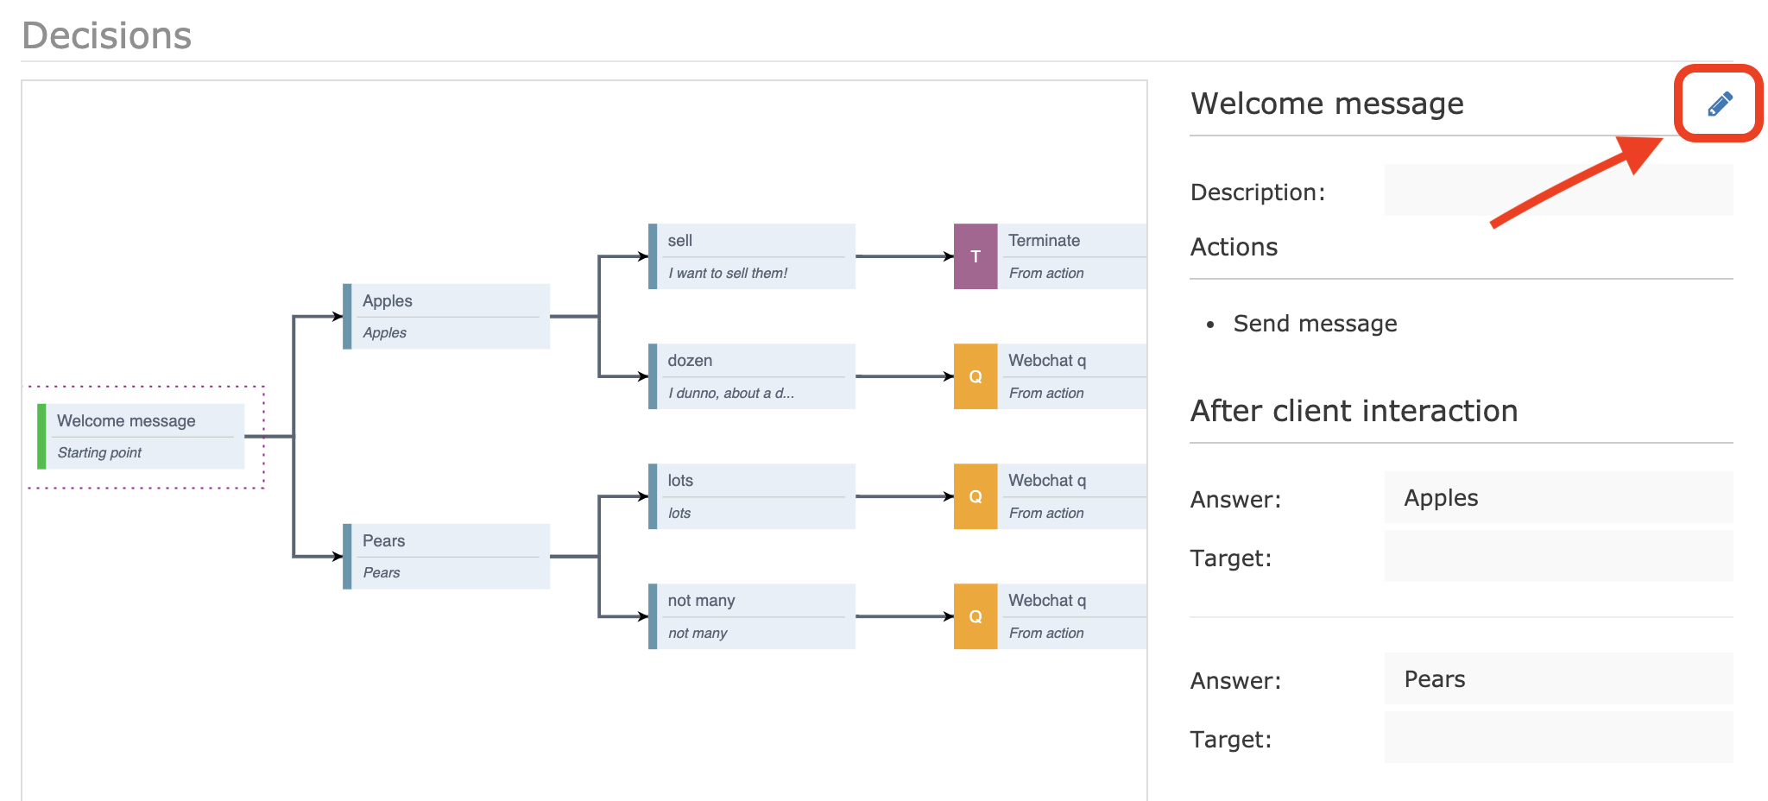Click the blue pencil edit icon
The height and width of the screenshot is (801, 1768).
(x=1720, y=104)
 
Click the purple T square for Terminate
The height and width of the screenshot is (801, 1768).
(x=976, y=256)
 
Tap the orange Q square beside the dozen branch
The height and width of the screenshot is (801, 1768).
(x=976, y=376)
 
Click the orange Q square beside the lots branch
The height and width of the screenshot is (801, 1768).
(x=976, y=496)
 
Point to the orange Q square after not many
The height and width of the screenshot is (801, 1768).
(x=976, y=616)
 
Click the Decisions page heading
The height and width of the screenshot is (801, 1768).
(x=107, y=35)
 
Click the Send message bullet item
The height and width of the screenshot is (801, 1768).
(x=1314, y=324)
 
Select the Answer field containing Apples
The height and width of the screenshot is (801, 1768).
(x=1557, y=497)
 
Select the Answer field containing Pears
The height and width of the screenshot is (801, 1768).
(x=1557, y=678)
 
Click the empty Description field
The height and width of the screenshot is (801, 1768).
(x=1557, y=190)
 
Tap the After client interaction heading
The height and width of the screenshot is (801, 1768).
(x=1354, y=411)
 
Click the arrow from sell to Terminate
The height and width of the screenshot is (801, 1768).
(x=903, y=256)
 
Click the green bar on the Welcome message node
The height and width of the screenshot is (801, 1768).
(x=41, y=436)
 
